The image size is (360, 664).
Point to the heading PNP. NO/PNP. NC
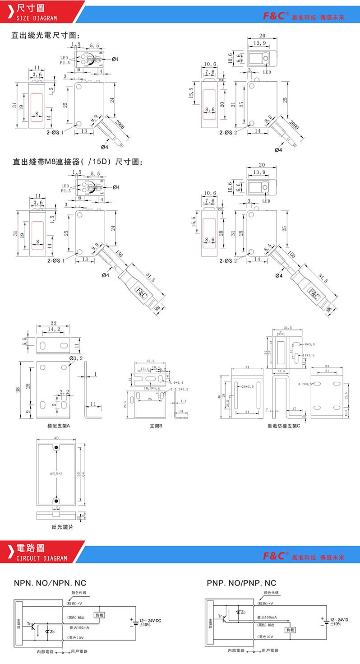point(241,583)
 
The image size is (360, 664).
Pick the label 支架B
point(156,426)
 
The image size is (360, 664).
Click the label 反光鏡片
point(59,526)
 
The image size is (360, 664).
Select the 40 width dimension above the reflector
point(56,438)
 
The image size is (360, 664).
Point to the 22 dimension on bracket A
point(54,323)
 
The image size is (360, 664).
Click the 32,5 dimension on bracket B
point(151,361)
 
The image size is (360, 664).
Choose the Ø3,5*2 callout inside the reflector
point(56,474)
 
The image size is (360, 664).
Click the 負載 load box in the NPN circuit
point(99,614)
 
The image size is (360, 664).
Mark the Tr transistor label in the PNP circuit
point(220,616)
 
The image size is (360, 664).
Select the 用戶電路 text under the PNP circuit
point(270,650)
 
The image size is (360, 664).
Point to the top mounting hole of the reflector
point(56,447)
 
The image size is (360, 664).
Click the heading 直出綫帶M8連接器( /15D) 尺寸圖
point(77,162)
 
